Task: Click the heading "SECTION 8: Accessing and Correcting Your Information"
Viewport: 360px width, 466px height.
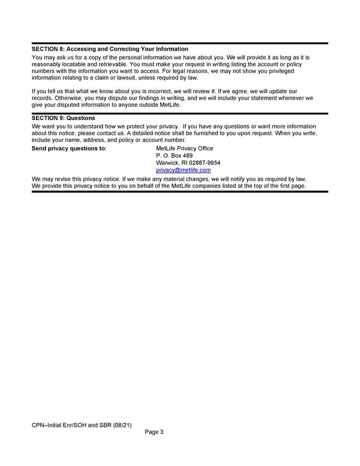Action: [110, 49]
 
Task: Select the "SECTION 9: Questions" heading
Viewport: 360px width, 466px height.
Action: [63, 118]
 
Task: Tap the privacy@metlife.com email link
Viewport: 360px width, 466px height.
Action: [183, 170]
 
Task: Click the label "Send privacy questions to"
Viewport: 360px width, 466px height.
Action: [69, 148]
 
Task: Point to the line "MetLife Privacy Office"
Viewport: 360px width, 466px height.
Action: [184, 148]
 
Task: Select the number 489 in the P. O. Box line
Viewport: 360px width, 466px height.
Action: [187, 156]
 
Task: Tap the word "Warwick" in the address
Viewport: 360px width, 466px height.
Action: [167, 163]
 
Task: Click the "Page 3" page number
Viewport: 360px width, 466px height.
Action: [155, 434]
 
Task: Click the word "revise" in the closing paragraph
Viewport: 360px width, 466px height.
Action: [63, 179]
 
